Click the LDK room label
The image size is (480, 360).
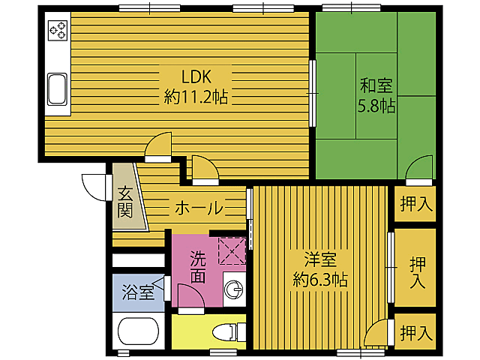pos(196,75)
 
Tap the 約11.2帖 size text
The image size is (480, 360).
pos(196,96)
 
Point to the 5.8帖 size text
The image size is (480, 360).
pos(376,106)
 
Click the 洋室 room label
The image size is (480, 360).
pos(320,260)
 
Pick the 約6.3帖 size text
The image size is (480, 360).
pos(320,280)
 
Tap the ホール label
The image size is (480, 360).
pos(199,208)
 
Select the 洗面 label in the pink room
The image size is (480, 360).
pos(197,267)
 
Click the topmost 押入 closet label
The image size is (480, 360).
pos(415,202)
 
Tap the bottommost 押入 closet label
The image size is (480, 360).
pos(415,331)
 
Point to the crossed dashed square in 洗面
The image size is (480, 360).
pos(232,249)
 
